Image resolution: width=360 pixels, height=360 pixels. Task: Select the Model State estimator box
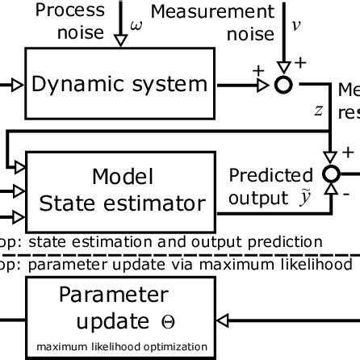[121, 188]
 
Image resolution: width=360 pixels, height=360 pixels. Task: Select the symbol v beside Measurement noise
[296, 25]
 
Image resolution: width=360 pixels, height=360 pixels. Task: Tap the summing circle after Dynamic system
[283, 83]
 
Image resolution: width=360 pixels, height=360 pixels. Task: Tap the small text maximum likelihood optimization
[121, 347]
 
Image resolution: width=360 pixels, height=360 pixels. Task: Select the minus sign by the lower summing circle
[345, 195]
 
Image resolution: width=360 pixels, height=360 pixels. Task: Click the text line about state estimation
[161, 241]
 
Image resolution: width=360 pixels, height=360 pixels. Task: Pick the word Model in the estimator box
[121, 177]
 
